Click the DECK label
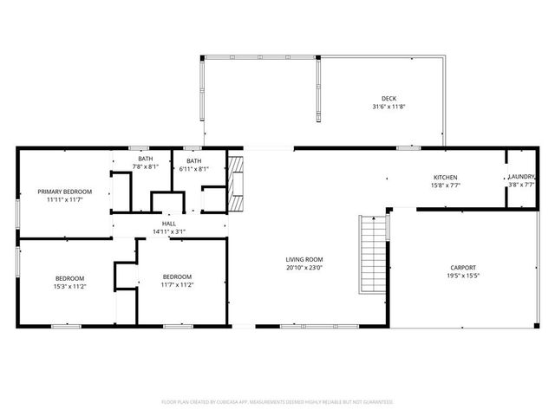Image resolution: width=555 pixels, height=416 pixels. pyautogui.click(x=388, y=98)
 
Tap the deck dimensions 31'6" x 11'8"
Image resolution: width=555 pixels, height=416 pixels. pyautogui.click(x=388, y=107)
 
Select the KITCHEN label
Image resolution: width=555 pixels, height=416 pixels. pyautogui.click(x=446, y=177)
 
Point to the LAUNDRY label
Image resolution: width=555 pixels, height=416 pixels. pyautogui.click(x=522, y=177)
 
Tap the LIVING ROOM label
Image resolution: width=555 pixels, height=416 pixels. pyautogui.click(x=304, y=259)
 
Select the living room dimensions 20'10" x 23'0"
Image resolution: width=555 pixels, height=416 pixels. pyautogui.click(x=304, y=268)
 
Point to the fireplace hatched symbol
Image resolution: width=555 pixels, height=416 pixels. pyautogui.click(x=237, y=183)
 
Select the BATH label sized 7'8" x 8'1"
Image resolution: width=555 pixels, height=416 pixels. pyautogui.click(x=145, y=159)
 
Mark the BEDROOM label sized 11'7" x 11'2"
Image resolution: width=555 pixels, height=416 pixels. pyautogui.click(x=177, y=276)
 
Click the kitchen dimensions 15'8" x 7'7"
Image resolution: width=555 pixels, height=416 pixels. pyautogui.click(x=446, y=185)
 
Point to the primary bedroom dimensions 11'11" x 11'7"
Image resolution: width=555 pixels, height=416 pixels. pyautogui.click(x=64, y=199)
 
